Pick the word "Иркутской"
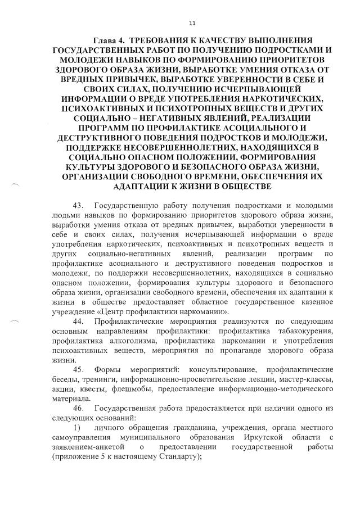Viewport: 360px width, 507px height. point(265,437)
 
